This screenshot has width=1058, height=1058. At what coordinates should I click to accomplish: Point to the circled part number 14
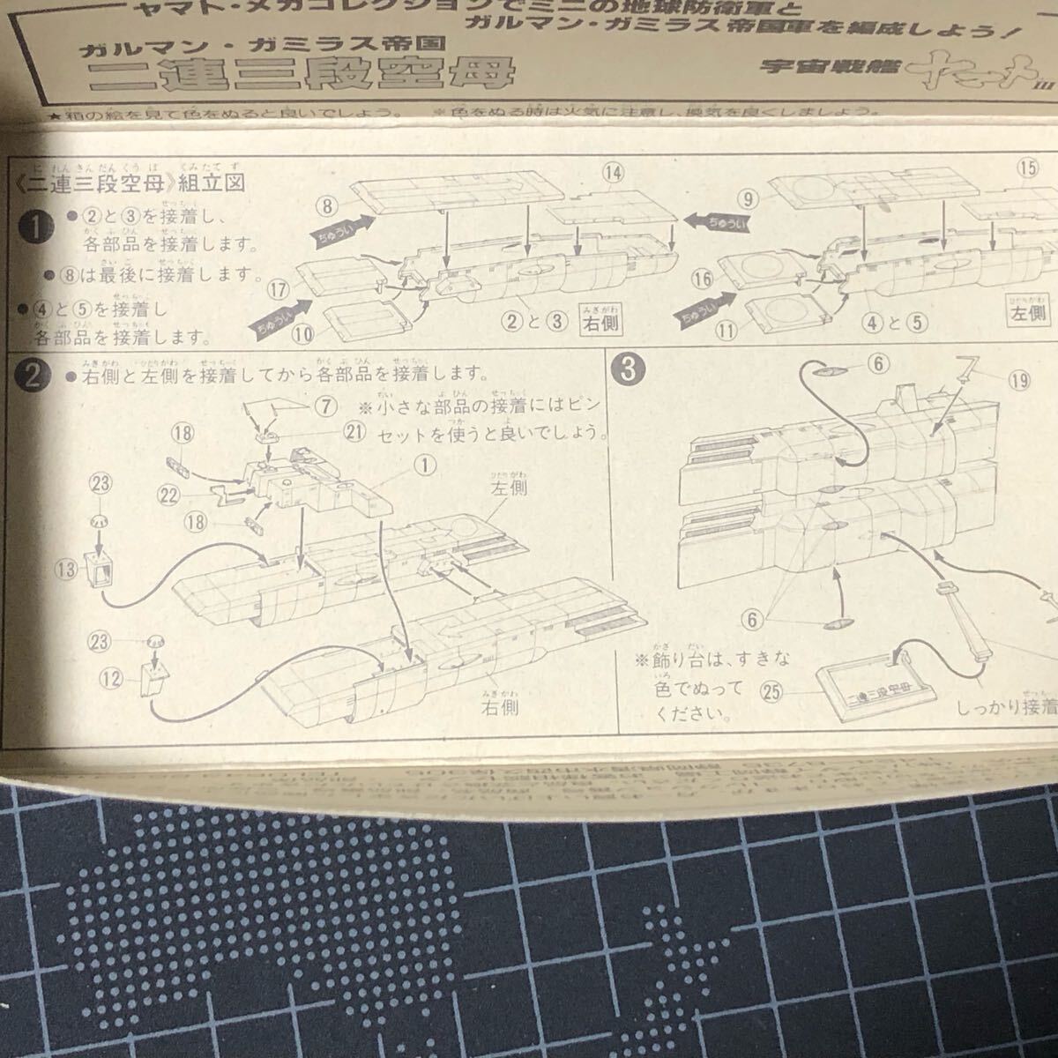pos(614,174)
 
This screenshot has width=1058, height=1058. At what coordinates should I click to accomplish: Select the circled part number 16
pos(702,280)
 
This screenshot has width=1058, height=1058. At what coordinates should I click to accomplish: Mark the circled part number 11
pos(726,331)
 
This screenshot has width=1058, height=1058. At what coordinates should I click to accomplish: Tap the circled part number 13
pos(67,570)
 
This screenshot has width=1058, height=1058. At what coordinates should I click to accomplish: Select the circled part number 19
pos(1020,381)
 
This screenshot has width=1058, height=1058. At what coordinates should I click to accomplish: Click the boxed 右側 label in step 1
pos(600,322)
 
